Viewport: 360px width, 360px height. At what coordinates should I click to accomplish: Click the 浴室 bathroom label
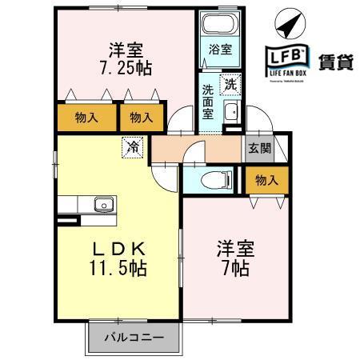click(220, 50)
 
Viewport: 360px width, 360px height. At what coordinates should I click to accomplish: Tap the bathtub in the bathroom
click(220, 24)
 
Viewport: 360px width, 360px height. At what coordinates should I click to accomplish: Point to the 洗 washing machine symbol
click(230, 82)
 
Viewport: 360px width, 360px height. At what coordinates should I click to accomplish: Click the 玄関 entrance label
click(258, 148)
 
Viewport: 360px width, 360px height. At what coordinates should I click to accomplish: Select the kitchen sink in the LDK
click(103, 205)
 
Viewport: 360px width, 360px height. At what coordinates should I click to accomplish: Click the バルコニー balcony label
click(132, 338)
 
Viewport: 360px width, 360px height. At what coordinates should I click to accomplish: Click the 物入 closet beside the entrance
click(266, 181)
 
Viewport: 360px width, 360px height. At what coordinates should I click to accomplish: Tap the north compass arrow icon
click(288, 23)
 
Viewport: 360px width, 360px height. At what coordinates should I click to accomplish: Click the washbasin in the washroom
click(230, 111)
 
